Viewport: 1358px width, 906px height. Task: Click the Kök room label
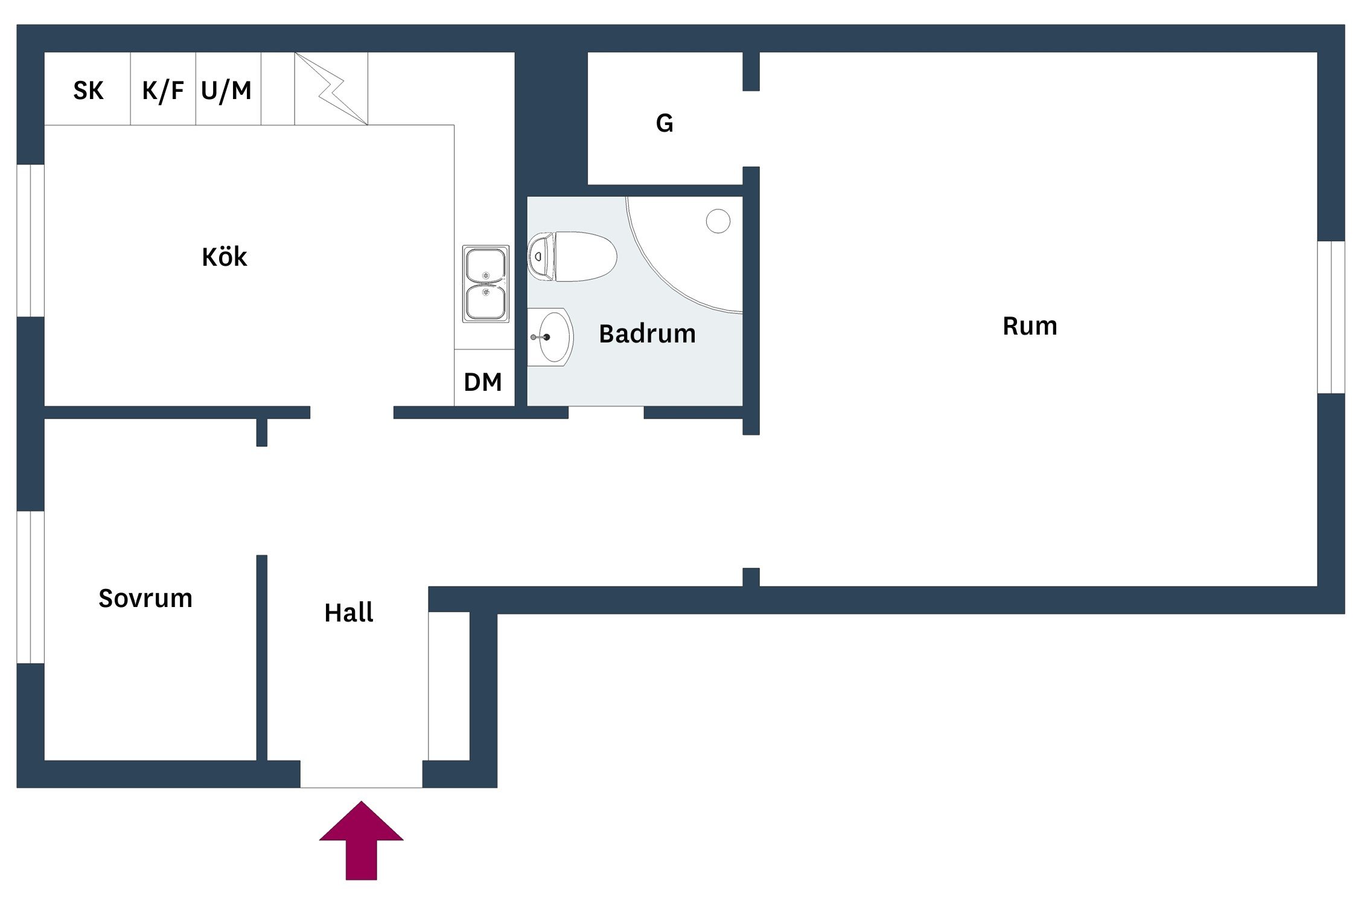[x=224, y=257]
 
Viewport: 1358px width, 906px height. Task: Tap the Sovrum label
[x=145, y=599]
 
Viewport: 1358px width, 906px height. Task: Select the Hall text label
[x=349, y=613]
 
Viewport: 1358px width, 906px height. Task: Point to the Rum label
[x=1030, y=326]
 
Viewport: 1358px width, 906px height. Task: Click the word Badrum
[x=647, y=334]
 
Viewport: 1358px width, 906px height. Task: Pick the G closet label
[x=665, y=123]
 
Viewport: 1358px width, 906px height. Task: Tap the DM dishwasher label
[x=483, y=382]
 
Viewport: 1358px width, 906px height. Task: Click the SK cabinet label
[x=88, y=91]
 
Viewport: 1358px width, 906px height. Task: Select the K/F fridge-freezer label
[x=163, y=91]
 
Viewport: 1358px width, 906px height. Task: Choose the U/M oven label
[x=226, y=91]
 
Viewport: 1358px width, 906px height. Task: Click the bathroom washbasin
[x=552, y=337]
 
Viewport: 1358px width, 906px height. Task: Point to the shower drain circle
[x=718, y=221]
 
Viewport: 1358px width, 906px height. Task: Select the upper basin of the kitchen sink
[x=486, y=265]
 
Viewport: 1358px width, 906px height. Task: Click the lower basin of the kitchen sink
[x=486, y=301]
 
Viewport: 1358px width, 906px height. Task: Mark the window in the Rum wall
[x=1331, y=317]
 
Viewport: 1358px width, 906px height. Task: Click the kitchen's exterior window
[x=30, y=240]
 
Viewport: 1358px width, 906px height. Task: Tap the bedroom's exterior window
[x=30, y=587]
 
